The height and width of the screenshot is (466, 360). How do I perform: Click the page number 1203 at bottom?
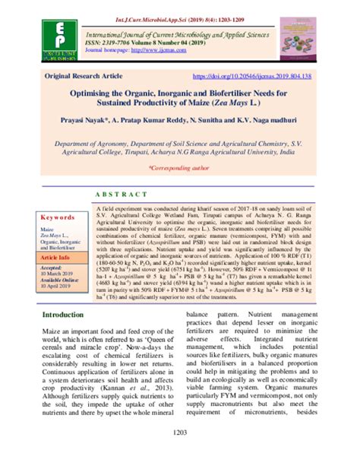click(180, 455)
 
